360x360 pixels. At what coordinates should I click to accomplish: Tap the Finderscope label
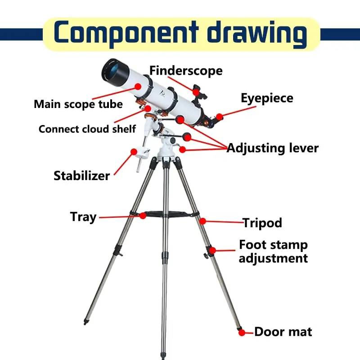(186, 71)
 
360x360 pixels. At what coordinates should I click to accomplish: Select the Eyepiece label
(267, 98)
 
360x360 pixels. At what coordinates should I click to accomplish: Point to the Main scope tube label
(78, 104)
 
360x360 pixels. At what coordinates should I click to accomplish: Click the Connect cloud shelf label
(87, 129)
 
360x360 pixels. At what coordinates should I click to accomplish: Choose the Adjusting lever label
(272, 148)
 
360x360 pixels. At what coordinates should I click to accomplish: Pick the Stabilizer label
(81, 175)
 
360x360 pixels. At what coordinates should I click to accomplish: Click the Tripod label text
(262, 222)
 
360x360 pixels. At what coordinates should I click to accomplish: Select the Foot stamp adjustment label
(273, 252)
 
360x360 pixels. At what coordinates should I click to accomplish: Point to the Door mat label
(283, 332)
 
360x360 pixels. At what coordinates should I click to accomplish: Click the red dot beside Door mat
(242, 333)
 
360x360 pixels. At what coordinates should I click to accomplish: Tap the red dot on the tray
(143, 216)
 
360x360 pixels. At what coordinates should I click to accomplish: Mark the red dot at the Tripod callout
(203, 220)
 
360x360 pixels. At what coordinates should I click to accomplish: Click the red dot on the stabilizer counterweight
(133, 152)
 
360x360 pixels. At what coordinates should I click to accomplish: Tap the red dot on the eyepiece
(219, 117)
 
